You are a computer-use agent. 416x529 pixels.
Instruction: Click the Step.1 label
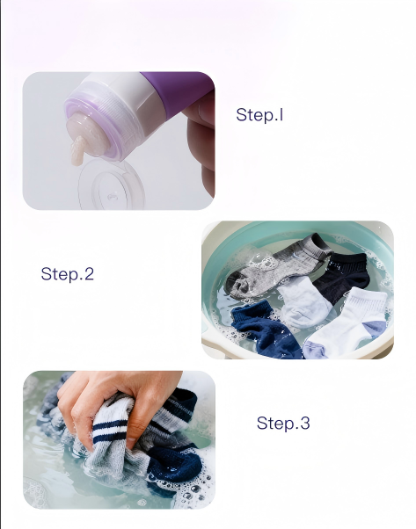click(259, 115)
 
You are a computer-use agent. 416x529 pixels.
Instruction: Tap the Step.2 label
click(67, 274)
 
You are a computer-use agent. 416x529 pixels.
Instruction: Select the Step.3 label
click(282, 424)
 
